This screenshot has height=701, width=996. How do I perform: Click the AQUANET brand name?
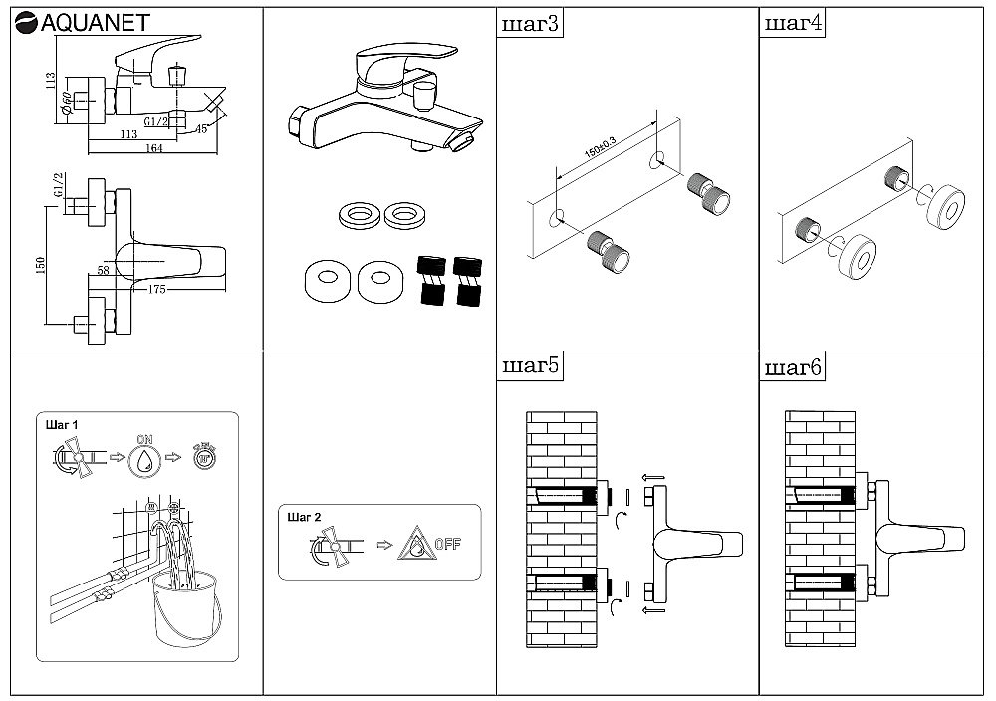pos(88,22)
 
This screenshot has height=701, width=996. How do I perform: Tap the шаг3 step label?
pos(529,24)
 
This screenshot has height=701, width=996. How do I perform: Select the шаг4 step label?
pos(792,24)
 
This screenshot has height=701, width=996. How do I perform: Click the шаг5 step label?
pos(529,367)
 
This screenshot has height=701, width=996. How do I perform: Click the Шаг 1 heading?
pos(62,424)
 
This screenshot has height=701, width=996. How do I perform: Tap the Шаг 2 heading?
pos(303,518)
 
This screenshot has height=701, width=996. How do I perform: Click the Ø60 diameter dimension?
pos(65,103)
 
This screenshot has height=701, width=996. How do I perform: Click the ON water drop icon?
pos(146,458)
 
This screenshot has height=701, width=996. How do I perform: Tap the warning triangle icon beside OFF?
pos(412,544)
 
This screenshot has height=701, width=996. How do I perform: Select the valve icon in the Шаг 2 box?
pos(328,547)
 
